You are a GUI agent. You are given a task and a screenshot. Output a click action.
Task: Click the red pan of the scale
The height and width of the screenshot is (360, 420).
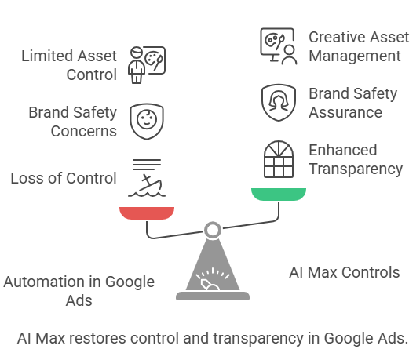pyautogui.click(x=147, y=213)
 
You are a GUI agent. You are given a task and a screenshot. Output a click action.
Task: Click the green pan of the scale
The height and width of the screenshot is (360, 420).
pyautogui.click(x=279, y=194)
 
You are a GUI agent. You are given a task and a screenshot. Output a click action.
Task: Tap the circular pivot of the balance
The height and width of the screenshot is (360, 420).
pyautogui.click(x=213, y=230)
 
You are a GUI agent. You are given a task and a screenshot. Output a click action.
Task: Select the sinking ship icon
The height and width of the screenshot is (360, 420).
pyautogui.click(x=147, y=178)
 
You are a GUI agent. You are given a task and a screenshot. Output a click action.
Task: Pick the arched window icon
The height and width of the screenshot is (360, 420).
pyautogui.click(x=279, y=159)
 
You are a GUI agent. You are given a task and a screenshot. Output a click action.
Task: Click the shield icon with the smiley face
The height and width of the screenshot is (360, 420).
pyautogui.click(x=147, y=122)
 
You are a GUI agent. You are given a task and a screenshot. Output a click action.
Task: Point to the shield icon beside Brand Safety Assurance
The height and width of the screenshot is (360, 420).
pyautogui.click(x=279, y=102)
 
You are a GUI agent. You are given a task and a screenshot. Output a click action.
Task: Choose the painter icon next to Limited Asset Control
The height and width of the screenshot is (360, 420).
pyautogui.click(x=147, y=65)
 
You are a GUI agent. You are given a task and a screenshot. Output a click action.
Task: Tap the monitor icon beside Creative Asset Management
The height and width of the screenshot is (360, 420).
pyautogui.click(x=279, y=46)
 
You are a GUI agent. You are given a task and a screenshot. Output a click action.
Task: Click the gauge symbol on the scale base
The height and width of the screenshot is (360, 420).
pyautogui.click(x=213, y=279)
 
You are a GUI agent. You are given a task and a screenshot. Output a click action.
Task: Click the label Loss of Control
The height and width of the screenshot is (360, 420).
pyautogui.click(x=64, y=178)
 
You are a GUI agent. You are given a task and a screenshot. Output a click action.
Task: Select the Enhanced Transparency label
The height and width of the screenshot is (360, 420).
pyautogui.click(x=356, y=159)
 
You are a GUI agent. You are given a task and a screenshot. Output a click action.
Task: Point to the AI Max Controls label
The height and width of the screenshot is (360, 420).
pyautogui.click(x=345, y=272)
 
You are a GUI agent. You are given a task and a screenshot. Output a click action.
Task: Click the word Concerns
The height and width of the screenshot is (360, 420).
pyautogui.click(x=84, y=131)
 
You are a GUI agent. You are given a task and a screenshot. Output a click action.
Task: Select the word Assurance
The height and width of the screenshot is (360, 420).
pyautogui.click(x=345, y=112)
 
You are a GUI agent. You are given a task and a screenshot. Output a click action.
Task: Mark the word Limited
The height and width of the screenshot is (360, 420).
pyautogui.click(x=47, y=56)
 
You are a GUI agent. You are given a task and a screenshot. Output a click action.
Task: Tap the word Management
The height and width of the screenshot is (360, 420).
pyautogui.click(x=355, y=56)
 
